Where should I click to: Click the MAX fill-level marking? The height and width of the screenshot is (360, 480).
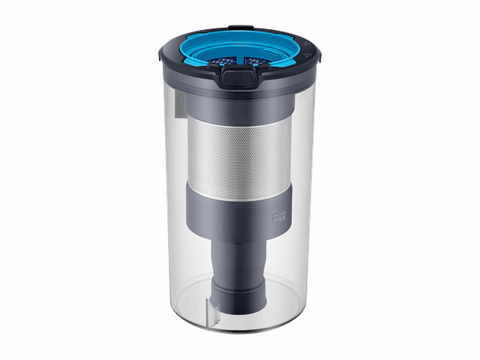(x=279, y=217)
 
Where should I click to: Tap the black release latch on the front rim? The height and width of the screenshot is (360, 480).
(x=238, y=76)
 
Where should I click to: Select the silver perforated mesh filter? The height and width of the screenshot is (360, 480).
(x=239, y=158)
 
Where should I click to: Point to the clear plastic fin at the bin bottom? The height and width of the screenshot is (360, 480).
(x=213, y=310)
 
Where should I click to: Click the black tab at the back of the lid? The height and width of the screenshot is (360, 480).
(x=241, y=27)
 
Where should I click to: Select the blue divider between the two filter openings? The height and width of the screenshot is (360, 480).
(x=241, y=60)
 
